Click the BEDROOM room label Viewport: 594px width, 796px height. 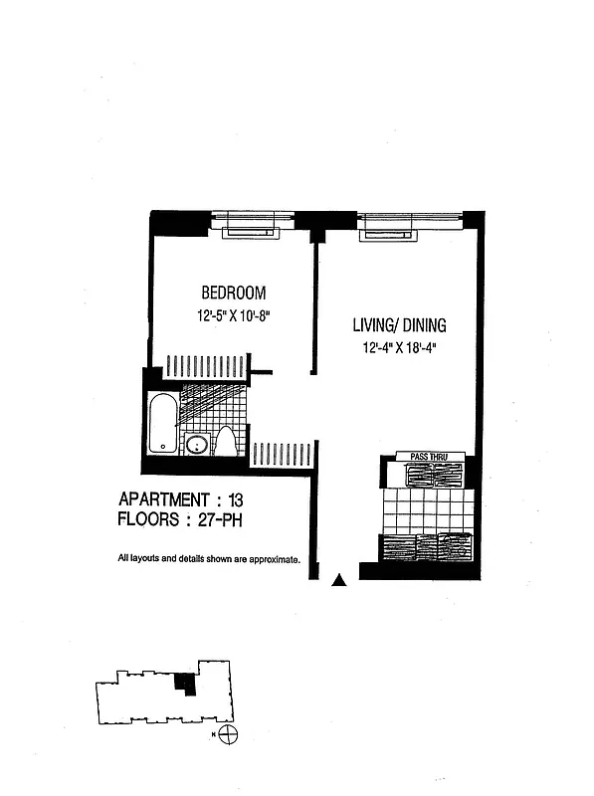[x=234, y=293]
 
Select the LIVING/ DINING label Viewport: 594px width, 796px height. [x=399, y=325]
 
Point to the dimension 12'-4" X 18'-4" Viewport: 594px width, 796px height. [x=400, y=348]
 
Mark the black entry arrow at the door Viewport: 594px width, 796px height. [x=340, y=580]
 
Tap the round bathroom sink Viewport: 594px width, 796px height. [x=196, y=445]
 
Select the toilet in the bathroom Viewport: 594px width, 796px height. [x=226, y=442]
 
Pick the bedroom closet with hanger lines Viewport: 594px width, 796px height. [x=205, y=366]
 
